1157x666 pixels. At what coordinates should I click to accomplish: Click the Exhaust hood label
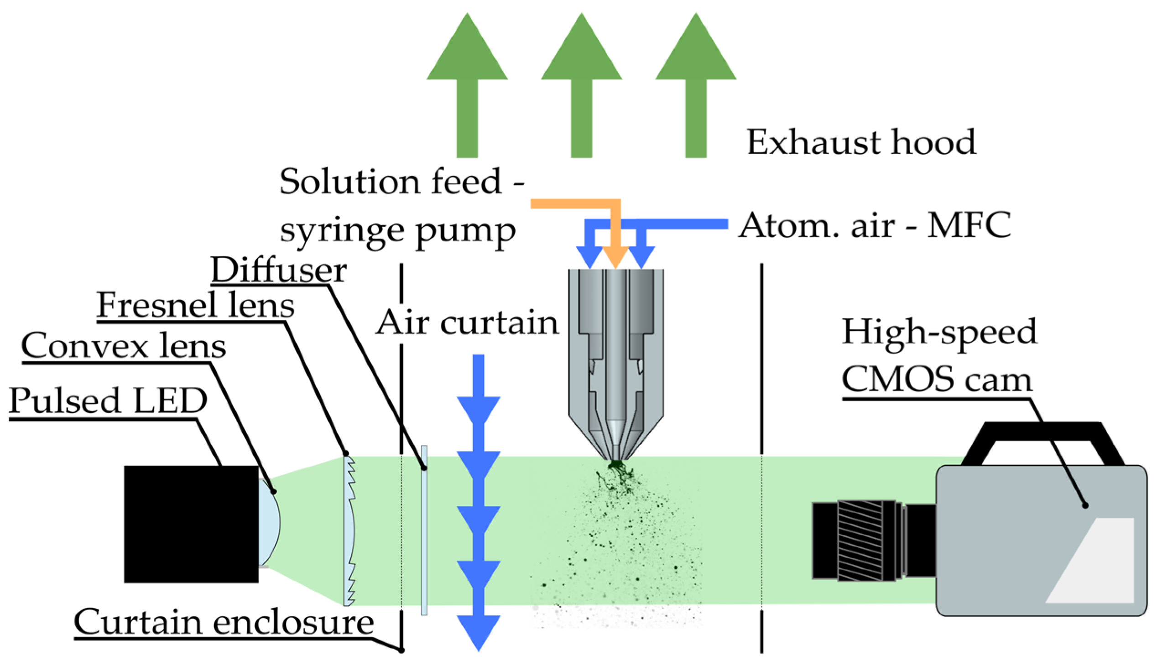coord(861,142)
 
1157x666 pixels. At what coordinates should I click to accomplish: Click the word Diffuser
coord(279,270)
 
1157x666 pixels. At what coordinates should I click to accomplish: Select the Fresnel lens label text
coord(196,305)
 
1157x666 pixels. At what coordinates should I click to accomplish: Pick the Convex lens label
coord(124,345)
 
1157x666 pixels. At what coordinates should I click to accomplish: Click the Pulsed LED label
coord(108,401)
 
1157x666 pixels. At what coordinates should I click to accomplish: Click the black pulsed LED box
coord(191,524)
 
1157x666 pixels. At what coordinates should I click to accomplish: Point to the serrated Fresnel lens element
coord(349,531)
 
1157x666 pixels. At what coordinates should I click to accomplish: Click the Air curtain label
coord(467,323)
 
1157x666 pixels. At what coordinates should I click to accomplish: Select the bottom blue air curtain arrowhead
coord(478,632)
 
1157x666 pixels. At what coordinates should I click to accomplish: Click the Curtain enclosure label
coord(224,622)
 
